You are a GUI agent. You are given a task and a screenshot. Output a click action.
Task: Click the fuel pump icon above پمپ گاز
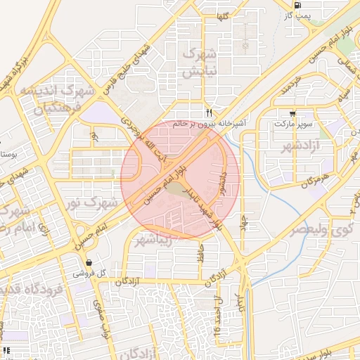(296, 4)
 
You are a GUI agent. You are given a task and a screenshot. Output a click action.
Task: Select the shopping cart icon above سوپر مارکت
(292, 113)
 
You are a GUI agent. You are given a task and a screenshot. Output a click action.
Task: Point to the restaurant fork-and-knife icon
(209, 112)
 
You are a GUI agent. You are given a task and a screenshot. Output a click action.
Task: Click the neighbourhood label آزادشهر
(300, 146)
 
